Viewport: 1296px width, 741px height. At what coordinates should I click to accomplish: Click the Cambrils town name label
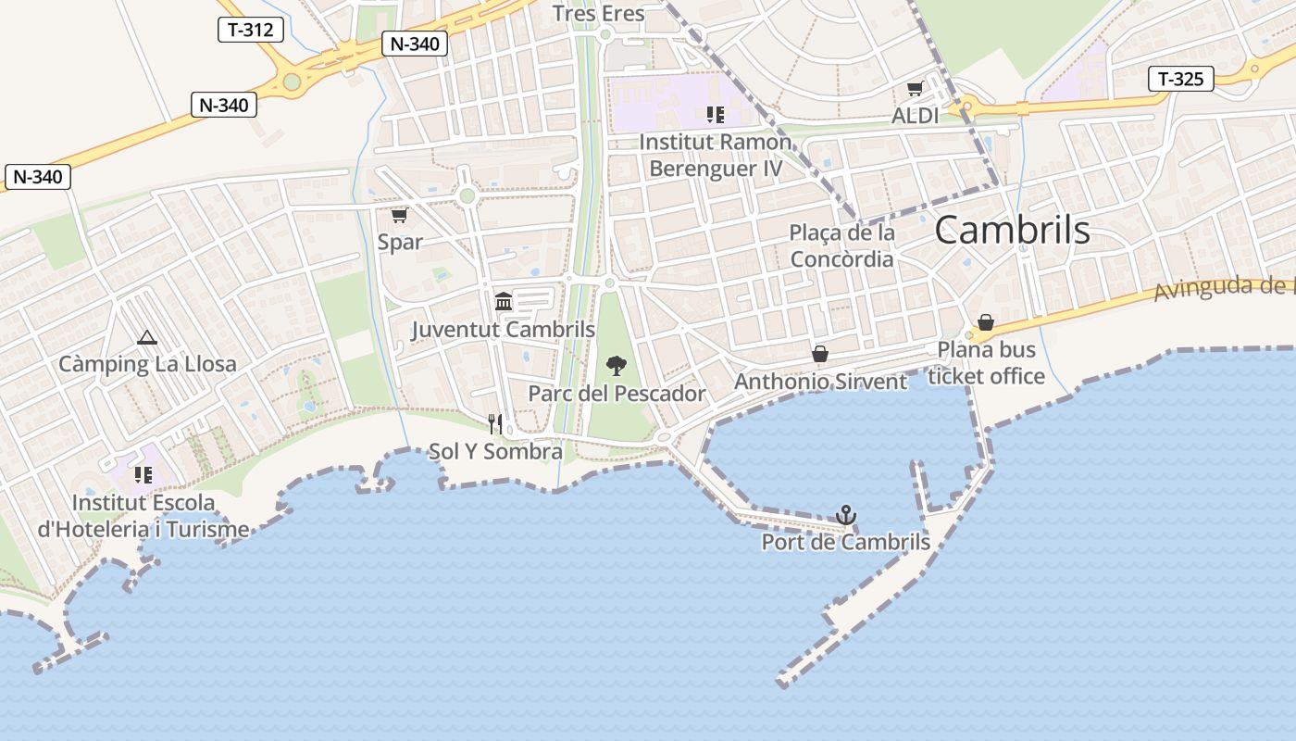tap(1012, 230)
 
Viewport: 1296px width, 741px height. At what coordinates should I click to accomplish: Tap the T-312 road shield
tap(250, 30)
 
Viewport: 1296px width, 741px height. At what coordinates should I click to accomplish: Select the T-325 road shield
tap(1180, 79)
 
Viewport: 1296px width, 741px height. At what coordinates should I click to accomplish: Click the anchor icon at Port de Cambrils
tap(845, 515)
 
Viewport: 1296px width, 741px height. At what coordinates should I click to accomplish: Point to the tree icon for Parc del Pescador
tap(615, 366)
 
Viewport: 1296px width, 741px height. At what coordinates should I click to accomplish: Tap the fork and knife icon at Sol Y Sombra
tap(495, 424)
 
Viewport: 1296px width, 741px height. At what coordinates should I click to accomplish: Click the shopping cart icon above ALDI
tap(915, 89)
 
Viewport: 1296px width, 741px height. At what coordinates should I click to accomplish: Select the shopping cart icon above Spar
tap(399, 216)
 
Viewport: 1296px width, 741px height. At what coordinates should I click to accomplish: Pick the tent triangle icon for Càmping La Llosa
tap(146, 338)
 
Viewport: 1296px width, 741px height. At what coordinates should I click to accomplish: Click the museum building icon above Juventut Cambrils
tap(504, 301)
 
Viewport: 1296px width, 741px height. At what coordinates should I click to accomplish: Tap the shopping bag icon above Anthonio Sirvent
tap(819, 354)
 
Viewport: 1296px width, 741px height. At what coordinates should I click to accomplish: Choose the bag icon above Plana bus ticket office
tap(986, 322)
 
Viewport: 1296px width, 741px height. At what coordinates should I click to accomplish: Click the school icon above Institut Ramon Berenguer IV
tap(715, 115)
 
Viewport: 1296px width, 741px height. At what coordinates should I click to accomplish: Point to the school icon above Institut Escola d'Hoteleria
tap(143, 475)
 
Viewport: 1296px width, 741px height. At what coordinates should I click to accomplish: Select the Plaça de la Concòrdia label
tap(841, 245)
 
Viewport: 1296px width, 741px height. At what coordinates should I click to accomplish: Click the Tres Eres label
tap(598, 14)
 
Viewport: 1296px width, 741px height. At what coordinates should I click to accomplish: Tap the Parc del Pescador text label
tap(617, 394)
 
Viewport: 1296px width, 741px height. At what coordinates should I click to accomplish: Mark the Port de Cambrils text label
tap(845, 542)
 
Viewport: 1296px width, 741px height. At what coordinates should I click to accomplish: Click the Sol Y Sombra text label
tap(495, 452)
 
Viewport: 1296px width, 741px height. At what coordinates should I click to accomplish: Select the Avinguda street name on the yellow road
tap(1222, 289)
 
